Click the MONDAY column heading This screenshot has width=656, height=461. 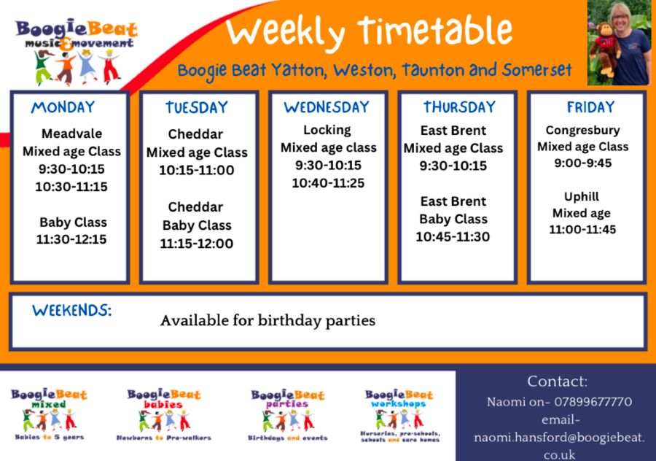(x=63, y=107)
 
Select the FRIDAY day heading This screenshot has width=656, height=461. (x=590, y=107)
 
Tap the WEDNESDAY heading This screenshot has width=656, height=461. (x=327, y=107)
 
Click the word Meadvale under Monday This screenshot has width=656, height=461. (x=71, y=133)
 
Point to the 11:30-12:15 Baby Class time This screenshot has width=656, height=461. (x=71, y=239)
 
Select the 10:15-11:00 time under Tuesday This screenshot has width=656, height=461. (x=197, y=171)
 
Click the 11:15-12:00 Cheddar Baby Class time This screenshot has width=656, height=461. (x=197, y=244)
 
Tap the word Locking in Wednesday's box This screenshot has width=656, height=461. (x=327, y=130)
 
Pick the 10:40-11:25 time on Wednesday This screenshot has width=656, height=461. (x=328, y=183)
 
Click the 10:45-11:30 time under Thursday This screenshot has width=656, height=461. (x=453, y=237)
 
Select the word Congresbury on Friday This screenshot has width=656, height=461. (x=582, y=131)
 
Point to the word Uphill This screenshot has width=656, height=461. (x=582, y=197)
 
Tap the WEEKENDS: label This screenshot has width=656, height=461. (x=71, y=310)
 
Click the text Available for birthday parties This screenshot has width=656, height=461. (x=268, y=321)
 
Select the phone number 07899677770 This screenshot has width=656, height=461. (x=593, y=402)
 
